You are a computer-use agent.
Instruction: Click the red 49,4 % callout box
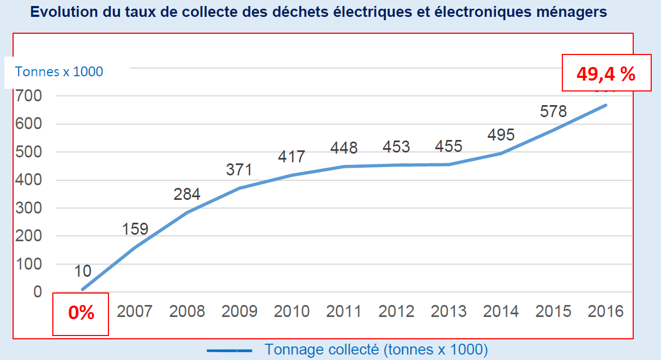pyautogui.click(x=606, y=73)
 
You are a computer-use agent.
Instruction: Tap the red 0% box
pyautogui.click(x=81, y=314)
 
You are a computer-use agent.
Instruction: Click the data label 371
pyautogui.click(x=239, y=169)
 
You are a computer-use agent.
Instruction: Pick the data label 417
pyautogui.click(x=291, y=157)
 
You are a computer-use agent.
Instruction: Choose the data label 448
pyautogui.click(x=343, y=148)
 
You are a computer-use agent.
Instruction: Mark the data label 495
pyautogui.click(x=500, y=135)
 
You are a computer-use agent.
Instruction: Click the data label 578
pyautogui.click(x=553, y=111)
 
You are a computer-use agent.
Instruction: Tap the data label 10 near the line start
pyautogui.click(x=83, y=271)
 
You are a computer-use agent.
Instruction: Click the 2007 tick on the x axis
pyautogui.click(x=135, y=312)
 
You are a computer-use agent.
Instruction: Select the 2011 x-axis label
pyautogui.click(x=344, y=312)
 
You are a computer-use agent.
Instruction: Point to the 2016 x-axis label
pyautogui.click(x=605, y=312)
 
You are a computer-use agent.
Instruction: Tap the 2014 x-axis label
pyautogui.click(x=501, y=312)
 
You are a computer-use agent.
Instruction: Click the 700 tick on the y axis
pyautogui.click(x=29, y=96)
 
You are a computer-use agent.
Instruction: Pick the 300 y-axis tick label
pyautogui.click(x=29, y=208)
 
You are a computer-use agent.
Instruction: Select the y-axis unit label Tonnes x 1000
pyautogui.click(x=59, y=71)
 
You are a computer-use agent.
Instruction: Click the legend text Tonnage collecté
pyautogui.click(x=376, y=350)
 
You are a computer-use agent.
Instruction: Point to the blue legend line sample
pyautogui.click(x=229, y=351)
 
